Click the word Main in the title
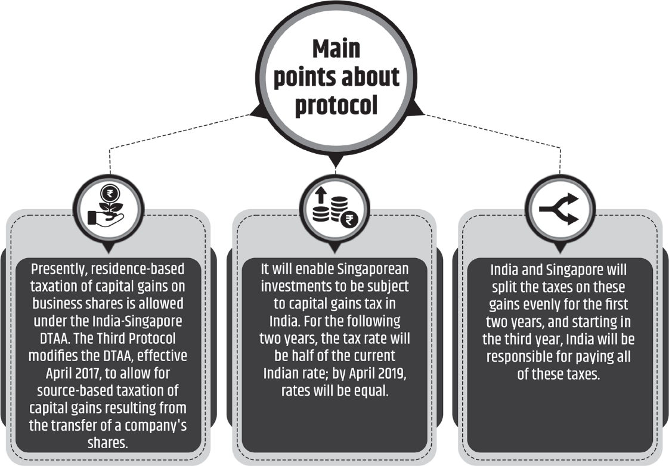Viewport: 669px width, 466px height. coord(336,49)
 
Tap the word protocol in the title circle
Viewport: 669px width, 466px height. coord(336,105)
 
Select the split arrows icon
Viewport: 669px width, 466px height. coord(559,209)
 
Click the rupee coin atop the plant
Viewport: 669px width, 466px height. coord(110,194)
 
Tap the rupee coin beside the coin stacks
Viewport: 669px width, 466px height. coord(349,220)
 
